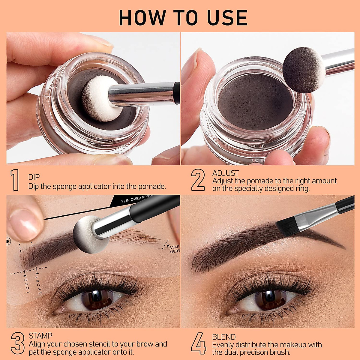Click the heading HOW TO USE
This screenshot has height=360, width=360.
[x=183, y=18]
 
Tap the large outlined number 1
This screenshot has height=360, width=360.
[x=15, y=180]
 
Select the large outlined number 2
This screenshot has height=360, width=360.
[x=198, y=180]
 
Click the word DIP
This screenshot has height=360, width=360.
[x=34, y=177]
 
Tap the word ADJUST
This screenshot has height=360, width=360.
[x=226, y=173]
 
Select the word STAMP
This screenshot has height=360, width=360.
[x=40, y=336]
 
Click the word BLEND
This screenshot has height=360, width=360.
[x=224, y=337]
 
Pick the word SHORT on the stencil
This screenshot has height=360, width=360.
[x=40, y=284]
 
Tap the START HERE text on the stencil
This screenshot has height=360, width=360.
[x=174, y=249]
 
